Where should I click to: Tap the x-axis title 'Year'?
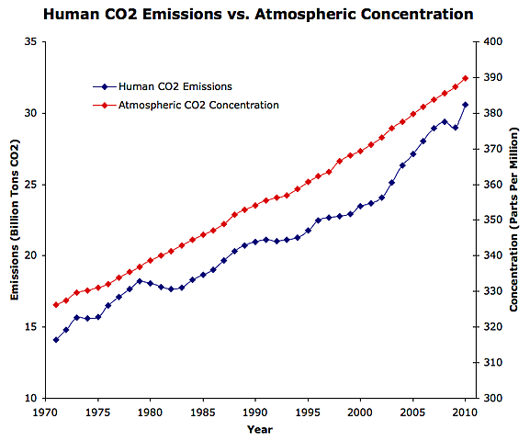[x=258, y=429]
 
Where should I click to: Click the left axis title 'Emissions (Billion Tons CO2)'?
[x=16, y=220]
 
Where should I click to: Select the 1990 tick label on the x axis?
[x=256, y=413]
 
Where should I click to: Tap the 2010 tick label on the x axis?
[x=466, y=413]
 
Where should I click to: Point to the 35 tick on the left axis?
[x=29, y=42]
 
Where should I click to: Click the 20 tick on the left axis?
[x=29, y=255]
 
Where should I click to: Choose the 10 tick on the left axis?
[x=29, y=399]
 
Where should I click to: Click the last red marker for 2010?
[x=466, y=78]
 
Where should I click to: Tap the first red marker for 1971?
[x=56, y=305]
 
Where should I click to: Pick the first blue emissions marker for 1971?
[x=56, y=340]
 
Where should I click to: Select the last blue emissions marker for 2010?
[x=466, y=105]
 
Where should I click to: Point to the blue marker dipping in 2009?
[x=456, y=128]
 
